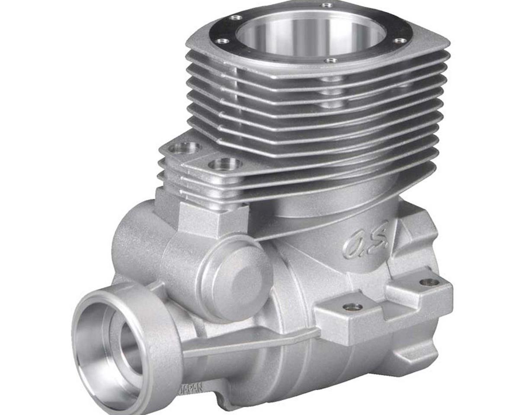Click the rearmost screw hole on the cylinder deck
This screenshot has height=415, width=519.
pos(327,5)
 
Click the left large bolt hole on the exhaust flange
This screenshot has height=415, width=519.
pos(185,147)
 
